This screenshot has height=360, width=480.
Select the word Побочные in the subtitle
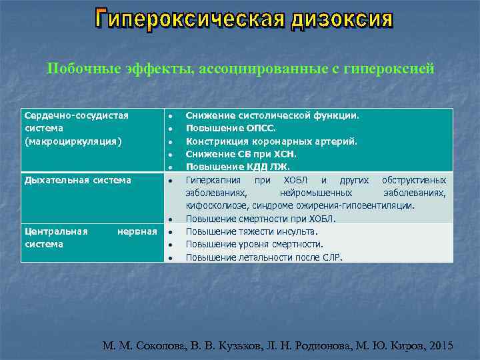pyautogui.click(x=79, y=68)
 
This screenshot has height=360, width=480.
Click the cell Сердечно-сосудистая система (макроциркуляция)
pyautogui.click(x=76, y=128)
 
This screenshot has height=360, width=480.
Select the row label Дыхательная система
pyautogui.click(x=77, y=180)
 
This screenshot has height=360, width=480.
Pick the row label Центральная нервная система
pyautogui.click(x=90, y=238)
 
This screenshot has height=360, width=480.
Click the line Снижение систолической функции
pyautogui.click(x=272, y=115)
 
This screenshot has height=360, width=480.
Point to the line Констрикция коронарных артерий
pyautogui.click(x=271, y=141)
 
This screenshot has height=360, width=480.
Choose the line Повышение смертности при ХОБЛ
pyautogui.click(x=261, y=219)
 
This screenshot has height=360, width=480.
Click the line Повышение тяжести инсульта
pyautogui.click(x=251, y=231)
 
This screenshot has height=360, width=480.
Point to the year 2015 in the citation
pyautogui.click(x=440, y=346)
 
